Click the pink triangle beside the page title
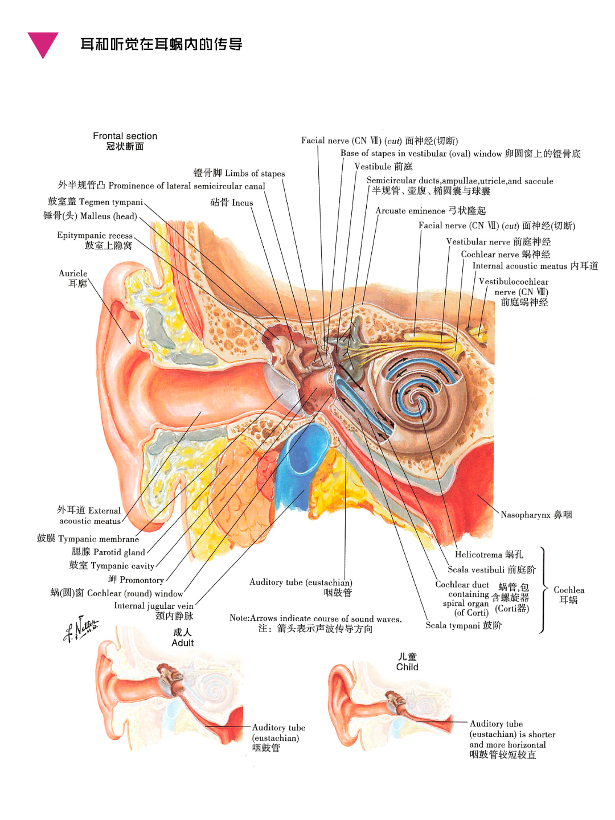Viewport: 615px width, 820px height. [x=43, y=44]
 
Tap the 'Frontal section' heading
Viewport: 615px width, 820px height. [x=125, y=136]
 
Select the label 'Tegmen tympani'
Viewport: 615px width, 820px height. [x=111, y=202]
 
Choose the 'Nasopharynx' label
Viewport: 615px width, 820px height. [x=525, y=515]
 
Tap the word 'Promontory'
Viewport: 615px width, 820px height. [x=142, y=580]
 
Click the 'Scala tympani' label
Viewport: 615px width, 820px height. [x=453, y=625]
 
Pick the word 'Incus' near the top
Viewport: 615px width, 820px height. [x=242, y=203]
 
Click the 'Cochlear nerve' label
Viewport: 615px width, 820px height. [x=490, y=255]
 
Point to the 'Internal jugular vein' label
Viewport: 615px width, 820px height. [x=154, y=606]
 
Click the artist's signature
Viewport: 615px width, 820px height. [x=80, y=629]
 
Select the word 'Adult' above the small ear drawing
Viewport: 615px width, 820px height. [x=183, y=643]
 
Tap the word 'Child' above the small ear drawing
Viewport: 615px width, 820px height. [x=407, y=667]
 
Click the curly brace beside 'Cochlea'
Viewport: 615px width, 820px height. [x=543, y=590]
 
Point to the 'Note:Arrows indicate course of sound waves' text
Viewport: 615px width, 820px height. [x=315, y=618]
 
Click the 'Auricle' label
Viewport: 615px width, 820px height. [x=73, y=273]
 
